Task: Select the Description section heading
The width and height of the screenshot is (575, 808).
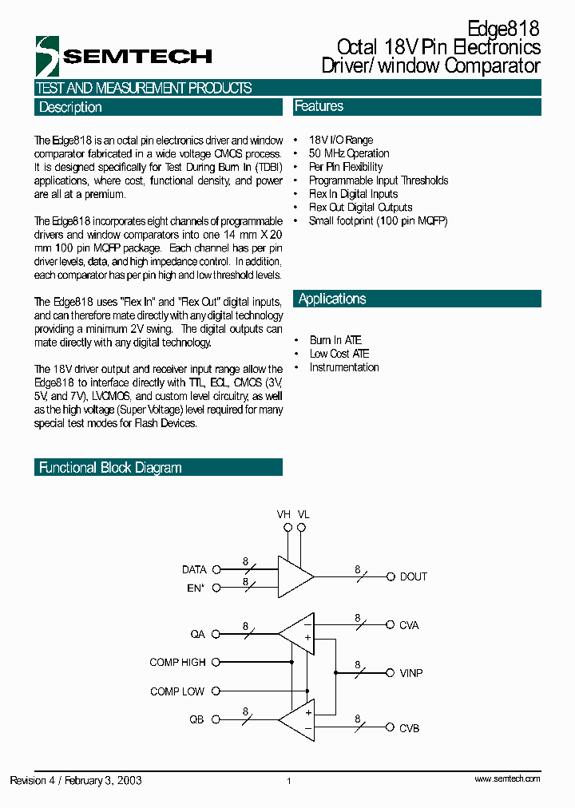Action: pos(70,107)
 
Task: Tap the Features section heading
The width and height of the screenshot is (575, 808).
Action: pos(319,106)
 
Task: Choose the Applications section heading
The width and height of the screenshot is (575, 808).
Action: pos(332,299)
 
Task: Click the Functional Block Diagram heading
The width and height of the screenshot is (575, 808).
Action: pos(110,468)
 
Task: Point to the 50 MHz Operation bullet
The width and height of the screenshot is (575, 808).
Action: pos(349,153)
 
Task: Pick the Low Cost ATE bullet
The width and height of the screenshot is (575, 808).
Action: pos(339,354)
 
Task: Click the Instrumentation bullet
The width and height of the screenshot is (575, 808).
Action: pos(344,367)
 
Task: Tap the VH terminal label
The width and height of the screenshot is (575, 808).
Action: pos(284,515)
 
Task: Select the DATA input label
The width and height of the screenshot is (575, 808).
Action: pos(194,569)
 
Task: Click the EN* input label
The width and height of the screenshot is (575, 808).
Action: pos(195,588)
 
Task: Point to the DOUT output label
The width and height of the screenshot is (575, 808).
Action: pos(413,576)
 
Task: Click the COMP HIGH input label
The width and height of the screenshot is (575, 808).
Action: pos(177,662)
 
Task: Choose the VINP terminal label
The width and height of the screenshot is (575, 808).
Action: pos(411,673)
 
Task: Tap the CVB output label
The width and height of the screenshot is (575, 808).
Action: pos(409,727)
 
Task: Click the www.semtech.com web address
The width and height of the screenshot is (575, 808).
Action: pos(507,778)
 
